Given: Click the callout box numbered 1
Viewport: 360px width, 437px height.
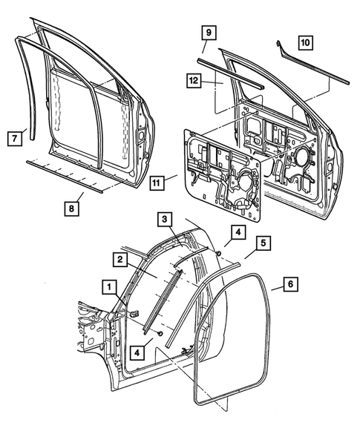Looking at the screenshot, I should [x=108, y=286].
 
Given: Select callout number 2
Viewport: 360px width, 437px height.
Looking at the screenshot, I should [x=117, y=259].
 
